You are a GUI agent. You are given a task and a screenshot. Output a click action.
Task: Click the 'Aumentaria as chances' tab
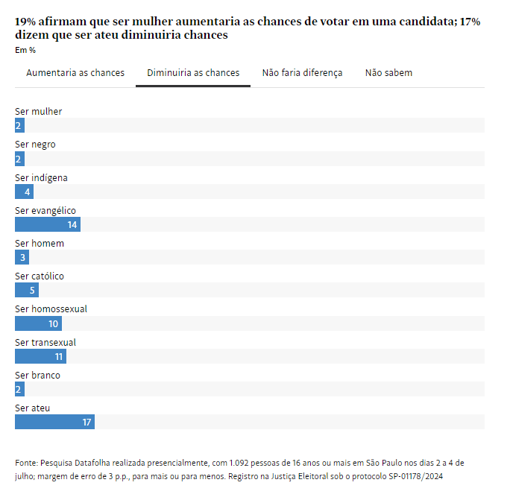click(75, 73)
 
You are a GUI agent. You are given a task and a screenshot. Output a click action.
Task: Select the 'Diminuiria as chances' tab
click(193, 73)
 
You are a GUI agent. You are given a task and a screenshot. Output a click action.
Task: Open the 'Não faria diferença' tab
click(302, 73)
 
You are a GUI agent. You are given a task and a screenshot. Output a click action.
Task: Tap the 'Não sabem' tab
click(388, 73)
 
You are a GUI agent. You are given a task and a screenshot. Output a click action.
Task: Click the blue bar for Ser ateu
click(54, 423)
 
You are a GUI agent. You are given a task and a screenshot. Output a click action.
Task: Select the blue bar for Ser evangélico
click(47, 224)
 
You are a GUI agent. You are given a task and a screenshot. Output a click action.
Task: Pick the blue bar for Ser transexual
click(40, 357)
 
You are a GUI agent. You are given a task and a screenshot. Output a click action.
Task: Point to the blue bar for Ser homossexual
click(38, 323)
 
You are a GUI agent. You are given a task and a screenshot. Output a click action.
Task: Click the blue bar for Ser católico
click(26, 291)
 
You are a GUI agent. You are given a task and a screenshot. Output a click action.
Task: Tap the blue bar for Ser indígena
click(24, 192)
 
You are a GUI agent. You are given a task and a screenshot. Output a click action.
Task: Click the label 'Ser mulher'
click(39, 112)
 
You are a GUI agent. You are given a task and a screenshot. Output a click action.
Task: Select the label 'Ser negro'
click(35, 145)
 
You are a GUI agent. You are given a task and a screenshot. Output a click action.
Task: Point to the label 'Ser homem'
click(40, 244)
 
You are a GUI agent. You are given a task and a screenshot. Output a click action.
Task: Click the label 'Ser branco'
click(37, 376)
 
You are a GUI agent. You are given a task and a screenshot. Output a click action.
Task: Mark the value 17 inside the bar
click(86, 423)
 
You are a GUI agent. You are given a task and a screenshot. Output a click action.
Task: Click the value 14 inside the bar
click(72, 224)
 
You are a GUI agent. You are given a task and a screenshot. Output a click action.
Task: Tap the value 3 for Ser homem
click(22, 258)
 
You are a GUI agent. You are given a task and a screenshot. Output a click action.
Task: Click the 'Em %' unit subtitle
click(25, 51)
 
